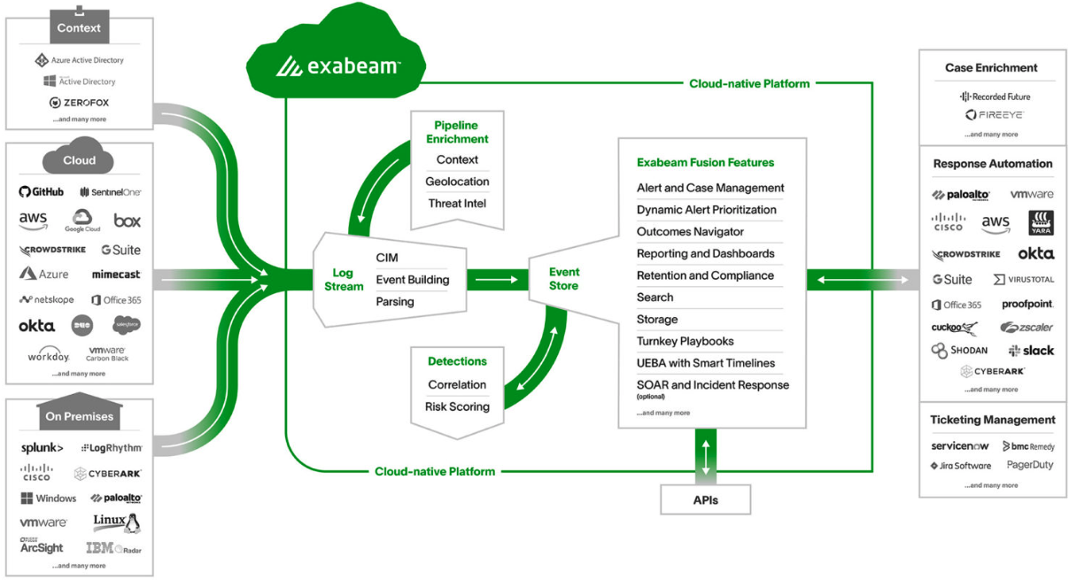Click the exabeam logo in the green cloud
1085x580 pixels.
pos(337,66)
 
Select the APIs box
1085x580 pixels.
pos(705,500)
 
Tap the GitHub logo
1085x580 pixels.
pos(42,191)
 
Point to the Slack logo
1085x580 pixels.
pos(1031,351)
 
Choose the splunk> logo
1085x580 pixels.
pos(42,448)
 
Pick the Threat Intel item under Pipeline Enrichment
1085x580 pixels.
pos(457,204)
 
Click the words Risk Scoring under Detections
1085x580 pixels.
pos(457,406)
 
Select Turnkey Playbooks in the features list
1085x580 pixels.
pos(685,341)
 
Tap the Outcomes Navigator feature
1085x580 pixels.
pos(690,231)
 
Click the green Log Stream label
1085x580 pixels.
pos(344,280)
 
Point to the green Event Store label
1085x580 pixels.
pos(563,279)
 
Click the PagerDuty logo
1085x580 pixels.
pos(1030,465)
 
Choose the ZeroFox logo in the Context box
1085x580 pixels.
pos(80,103)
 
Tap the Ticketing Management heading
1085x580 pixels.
pos(992,420)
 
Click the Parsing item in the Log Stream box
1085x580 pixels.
pos(394,302)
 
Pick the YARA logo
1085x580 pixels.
pos(1041,223)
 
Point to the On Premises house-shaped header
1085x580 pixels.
pos(80,414)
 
